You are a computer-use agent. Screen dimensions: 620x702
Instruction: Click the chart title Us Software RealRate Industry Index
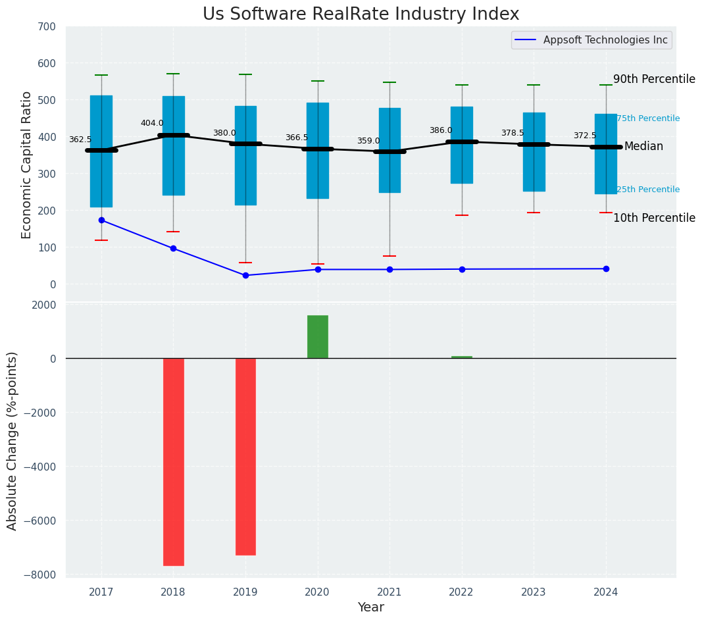tap(361, 14)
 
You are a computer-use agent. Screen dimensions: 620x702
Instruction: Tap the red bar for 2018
tap(174, 461)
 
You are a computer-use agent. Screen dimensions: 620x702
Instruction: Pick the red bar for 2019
tap(245, 456)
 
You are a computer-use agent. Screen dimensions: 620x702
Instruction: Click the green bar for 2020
tap(318, 337)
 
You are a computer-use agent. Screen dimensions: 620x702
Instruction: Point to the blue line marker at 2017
tap(101, 220)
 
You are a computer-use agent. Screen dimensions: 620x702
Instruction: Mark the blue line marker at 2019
tap(245, 275)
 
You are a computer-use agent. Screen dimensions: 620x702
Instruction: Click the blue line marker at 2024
tap(606, 269)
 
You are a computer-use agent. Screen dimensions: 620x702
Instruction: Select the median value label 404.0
tap(152, 123)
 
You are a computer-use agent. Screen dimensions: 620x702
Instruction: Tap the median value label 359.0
tap(368, 141)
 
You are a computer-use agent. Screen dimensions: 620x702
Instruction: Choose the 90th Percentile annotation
tap(654, 79)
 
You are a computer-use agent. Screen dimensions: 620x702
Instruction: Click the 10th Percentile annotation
tap(654, 218)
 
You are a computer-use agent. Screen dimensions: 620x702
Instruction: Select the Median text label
tap(643, 146)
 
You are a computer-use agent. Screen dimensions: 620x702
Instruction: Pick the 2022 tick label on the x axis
tap(461, 592)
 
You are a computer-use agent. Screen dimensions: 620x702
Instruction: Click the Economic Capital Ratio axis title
tap(27, 165)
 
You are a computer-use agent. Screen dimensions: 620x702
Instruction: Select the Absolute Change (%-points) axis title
tap(12, 440)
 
